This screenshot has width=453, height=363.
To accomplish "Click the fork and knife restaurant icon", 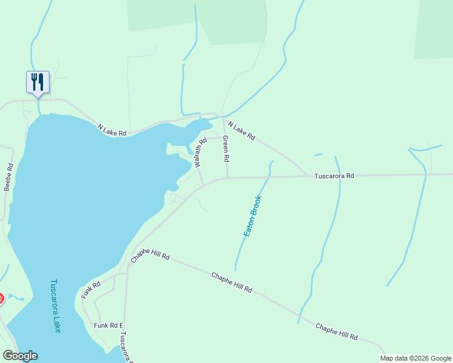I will click(x=38, y=82).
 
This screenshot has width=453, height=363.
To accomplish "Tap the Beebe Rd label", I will click(x=8, y=177).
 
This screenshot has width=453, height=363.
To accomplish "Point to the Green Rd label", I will click(x=226, y=149).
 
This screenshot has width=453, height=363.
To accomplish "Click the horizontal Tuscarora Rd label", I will click(x=334, y=176).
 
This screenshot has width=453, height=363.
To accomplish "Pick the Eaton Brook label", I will click(x=253, y=216).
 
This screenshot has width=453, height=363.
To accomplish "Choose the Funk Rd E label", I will click(x=108, y=325).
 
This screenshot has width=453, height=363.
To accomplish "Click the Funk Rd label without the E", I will click(x=90, y=290).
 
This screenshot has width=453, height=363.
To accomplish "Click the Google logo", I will click(x=20, y=356).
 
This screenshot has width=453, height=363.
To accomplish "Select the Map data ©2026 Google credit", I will click(x=416, y=358).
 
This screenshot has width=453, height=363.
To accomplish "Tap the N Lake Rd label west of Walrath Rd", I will click(x=113, y=129).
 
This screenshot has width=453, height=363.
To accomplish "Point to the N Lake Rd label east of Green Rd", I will click(x=241, y=130).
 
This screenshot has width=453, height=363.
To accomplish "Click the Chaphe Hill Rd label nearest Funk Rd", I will click(x=150, y=257).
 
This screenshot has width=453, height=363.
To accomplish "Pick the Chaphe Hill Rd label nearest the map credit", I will click(x=336, y=332).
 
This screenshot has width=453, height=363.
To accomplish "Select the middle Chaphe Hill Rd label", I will click(x=231, y=283).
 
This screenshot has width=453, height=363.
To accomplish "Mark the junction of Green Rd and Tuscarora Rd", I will click(x=228, y=178).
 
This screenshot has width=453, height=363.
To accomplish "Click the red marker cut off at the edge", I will click(x=1, y=298).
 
